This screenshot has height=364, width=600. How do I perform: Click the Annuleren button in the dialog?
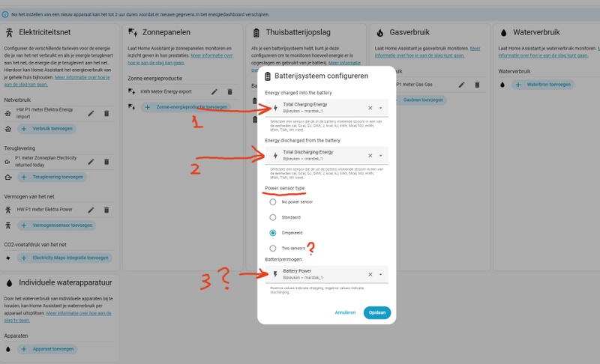tap(345, 312)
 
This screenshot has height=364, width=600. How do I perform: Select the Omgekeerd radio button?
tap(272, 232)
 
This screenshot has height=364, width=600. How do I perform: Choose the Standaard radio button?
tap(272, 217)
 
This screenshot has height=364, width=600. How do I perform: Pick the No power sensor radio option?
tap(272, 201)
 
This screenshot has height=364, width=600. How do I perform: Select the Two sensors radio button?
tap(272, 248)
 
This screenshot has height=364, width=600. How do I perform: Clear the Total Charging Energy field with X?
tap(370, 108)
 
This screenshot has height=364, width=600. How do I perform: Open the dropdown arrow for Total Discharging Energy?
tap(380, 155)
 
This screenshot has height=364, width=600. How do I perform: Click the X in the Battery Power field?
tap(370, 274)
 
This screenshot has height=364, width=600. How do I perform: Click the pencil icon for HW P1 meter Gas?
tap(462, 85)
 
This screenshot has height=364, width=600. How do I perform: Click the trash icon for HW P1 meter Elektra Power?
tap(106, 209)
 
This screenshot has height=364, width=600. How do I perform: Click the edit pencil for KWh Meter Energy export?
tap(214, 91)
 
